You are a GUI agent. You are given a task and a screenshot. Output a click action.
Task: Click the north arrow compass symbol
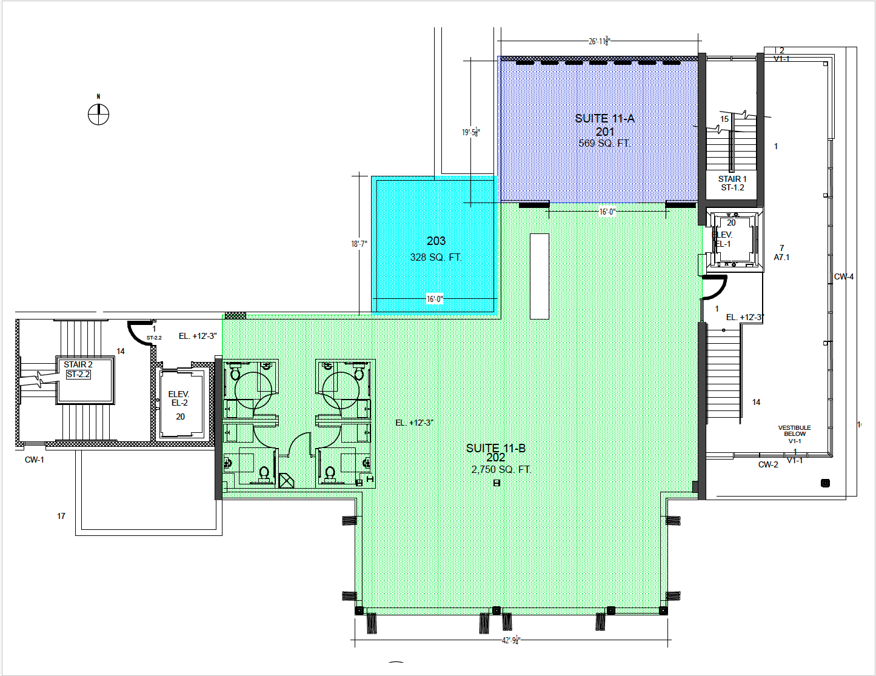pos(98,113)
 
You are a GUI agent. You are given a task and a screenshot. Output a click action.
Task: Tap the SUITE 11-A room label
pos(604,118)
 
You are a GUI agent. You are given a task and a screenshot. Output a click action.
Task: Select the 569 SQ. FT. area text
pos(604,143)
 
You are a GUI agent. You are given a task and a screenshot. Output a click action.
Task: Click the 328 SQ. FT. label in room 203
pos(436,257)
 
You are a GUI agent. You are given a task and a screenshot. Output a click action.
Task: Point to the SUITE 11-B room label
pos(495,448)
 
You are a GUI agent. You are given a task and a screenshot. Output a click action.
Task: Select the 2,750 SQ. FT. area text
pos(501,469)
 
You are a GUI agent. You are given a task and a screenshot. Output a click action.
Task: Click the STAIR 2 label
pos(78,364)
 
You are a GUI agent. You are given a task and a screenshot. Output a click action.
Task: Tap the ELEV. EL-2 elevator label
pos(179,398)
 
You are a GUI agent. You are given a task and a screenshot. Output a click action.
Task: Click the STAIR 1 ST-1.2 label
pos(732,183)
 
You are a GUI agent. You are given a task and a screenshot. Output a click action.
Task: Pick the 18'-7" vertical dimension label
pos(359,244)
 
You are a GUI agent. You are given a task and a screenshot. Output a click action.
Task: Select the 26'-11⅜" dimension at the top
pos(599,41)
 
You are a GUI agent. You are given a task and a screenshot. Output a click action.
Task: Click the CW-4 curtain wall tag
pos(843,276)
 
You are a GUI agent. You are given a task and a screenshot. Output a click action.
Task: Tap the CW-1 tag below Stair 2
pos(34,460)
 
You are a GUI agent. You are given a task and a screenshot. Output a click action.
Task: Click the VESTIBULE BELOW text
pos(794,430)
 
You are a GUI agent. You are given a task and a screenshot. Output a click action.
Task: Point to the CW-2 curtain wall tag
pos(767,464)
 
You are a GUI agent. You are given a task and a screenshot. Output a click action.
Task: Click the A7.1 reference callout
pos(781,257)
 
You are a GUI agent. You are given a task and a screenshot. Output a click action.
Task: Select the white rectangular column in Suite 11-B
pos(539,276)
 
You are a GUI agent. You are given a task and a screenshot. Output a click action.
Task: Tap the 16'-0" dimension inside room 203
pos(435,299)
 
